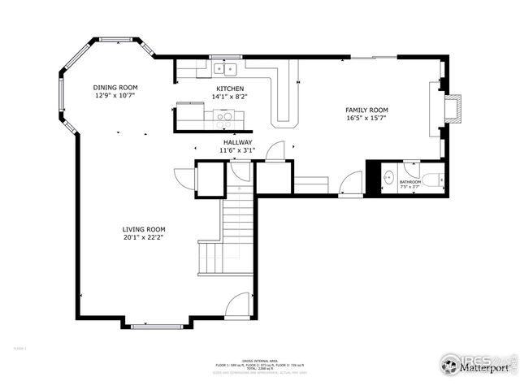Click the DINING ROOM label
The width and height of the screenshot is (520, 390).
[115, 87]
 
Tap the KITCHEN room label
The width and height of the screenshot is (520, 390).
[230, 89]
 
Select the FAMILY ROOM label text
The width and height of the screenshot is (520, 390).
[366, 110]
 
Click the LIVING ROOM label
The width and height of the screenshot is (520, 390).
[144, 229]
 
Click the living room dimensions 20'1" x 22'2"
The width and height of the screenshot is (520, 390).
[144, 238]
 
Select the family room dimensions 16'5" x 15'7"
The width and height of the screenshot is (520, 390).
[366, 118]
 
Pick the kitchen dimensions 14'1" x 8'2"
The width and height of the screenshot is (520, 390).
[230, 97]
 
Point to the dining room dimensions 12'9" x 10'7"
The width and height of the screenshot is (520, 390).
[115, 95]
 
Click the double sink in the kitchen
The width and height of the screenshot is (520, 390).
[224, 69]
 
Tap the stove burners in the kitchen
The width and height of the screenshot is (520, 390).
[223, 116]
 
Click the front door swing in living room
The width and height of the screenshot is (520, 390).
[238, 307]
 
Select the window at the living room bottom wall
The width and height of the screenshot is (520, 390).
[156, 327]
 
